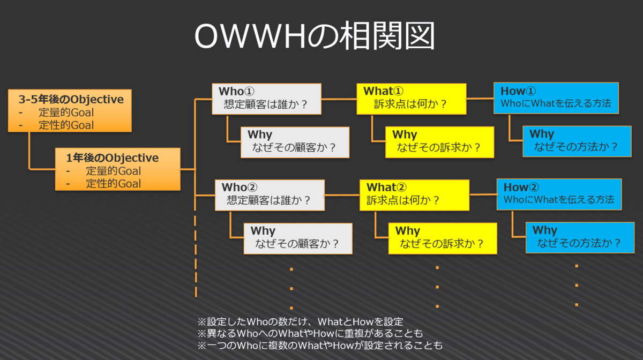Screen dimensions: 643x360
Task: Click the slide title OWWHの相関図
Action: point(315,36)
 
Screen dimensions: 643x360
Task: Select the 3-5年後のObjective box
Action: point(70,111)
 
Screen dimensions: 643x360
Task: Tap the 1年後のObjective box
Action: point(118,169)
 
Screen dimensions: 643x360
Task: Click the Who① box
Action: point(266,99)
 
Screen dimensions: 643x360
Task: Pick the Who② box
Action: point(270,195)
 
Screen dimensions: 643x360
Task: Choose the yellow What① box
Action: point(412,99)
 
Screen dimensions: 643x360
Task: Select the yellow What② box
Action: point(415,195)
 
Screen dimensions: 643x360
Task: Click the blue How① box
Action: point(556,98)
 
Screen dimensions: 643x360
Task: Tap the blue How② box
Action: point(559,194)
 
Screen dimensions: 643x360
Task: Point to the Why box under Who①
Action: point(295,142)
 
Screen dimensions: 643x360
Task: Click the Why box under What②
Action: point(443,238)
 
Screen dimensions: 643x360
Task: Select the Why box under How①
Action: point(577,141)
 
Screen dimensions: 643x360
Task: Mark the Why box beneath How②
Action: point(580,238)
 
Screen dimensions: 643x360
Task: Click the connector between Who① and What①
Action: point(339,99)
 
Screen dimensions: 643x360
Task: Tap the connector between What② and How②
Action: point(483,194)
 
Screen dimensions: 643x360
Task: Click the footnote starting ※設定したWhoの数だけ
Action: point(300,322)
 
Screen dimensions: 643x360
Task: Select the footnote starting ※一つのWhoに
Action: point(320,346)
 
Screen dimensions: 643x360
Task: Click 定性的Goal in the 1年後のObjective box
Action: point(114,184)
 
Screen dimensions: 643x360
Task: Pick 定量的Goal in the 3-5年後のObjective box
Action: point(66,112)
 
